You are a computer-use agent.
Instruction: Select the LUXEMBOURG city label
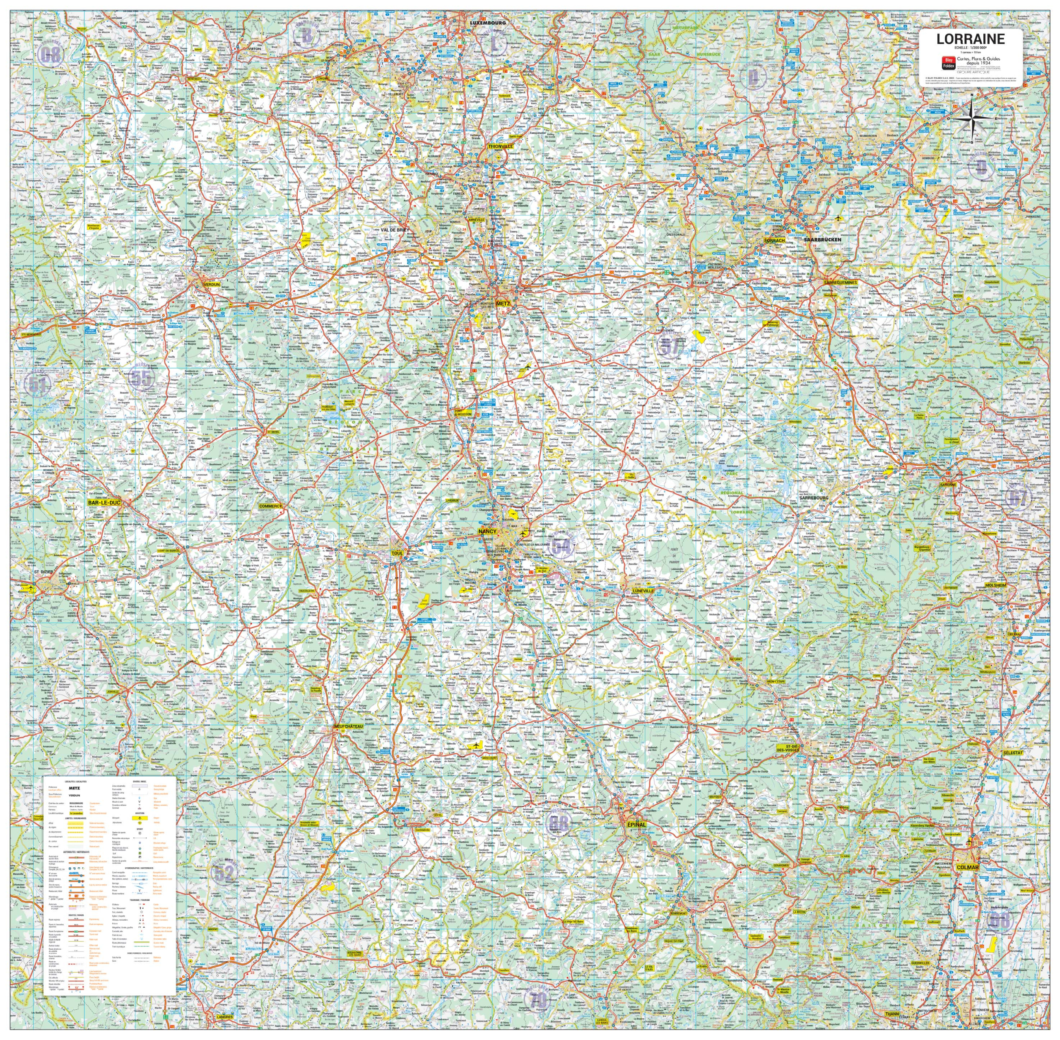(x=488, y=23)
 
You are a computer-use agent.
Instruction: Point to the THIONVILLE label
(x=500, y=146)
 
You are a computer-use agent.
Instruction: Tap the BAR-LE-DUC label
(x=104, y=502)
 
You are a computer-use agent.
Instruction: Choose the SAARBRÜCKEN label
(x=822, y=240)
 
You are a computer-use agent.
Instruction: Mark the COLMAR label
(x=967, y=867)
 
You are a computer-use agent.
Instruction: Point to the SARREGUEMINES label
(x=841, y=282)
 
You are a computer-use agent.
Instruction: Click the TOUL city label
(x=397, y=553)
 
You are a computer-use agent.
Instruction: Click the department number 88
(x=558, y=823)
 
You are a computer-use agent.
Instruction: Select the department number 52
(x=224, y=873)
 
